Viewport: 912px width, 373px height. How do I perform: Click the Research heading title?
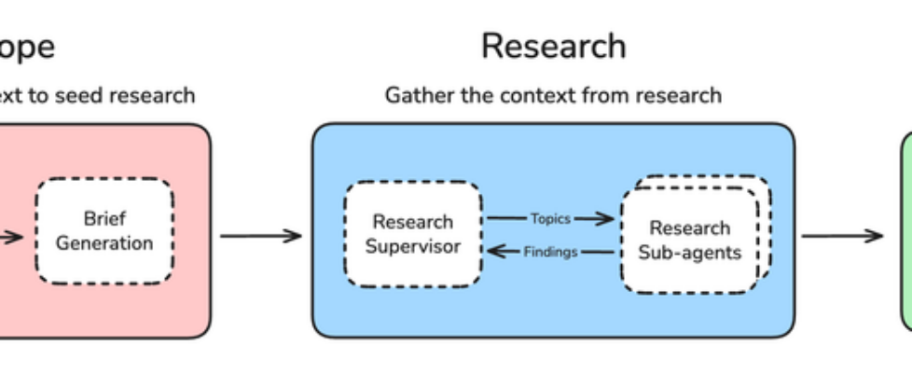click(x=553, y=46)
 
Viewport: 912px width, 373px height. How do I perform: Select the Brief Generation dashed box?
click(x=104, y=231)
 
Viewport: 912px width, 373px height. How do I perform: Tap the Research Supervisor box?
click(x=412, y=234)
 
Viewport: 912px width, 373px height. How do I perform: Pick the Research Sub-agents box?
click(x=690, y=240)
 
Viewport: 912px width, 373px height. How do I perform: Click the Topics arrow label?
click(x=550, y=219)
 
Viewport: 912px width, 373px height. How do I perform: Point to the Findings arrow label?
click(x=550, y=252)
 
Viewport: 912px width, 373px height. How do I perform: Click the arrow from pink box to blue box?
click(x=261, y=235)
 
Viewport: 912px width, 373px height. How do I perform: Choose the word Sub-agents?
click(x=690, y=253)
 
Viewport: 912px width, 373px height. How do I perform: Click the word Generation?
click(x=104, y=244)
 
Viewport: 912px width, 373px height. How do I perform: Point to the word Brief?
click(x=104, y=219)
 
